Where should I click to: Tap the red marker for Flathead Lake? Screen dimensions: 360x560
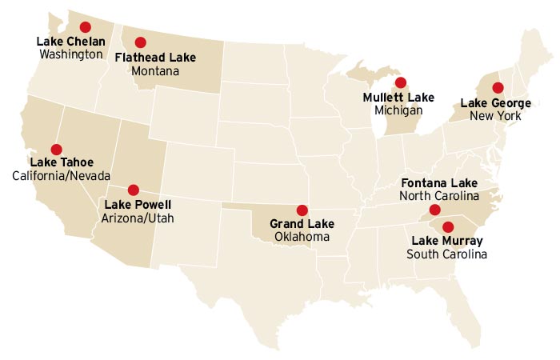(x=141, y=42)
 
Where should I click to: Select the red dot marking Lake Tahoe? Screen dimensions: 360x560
(x=56, y=149)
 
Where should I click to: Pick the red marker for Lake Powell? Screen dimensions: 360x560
(x=133, y=190)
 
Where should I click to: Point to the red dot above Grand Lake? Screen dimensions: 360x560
(x=302, y=210)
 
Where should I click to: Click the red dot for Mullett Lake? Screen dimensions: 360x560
(x=400, y=82)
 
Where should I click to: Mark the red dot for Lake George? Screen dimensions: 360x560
(x=497, y=87)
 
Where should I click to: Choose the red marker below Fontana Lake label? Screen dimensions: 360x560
(x=434, y=210)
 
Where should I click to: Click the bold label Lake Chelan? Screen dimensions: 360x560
(x=71, y=42)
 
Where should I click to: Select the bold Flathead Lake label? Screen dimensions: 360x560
(x=155, y=58)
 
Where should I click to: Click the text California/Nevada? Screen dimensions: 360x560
(x=62, y=176)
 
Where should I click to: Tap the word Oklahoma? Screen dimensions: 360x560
(x=302, y=237)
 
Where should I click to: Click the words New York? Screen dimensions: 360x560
(x=497, y=116)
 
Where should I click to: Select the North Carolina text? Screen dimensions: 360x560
(x=439, y=195)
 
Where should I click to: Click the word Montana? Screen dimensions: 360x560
(x=155, y=70)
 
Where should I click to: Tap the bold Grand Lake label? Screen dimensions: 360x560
(x=302, y=224)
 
